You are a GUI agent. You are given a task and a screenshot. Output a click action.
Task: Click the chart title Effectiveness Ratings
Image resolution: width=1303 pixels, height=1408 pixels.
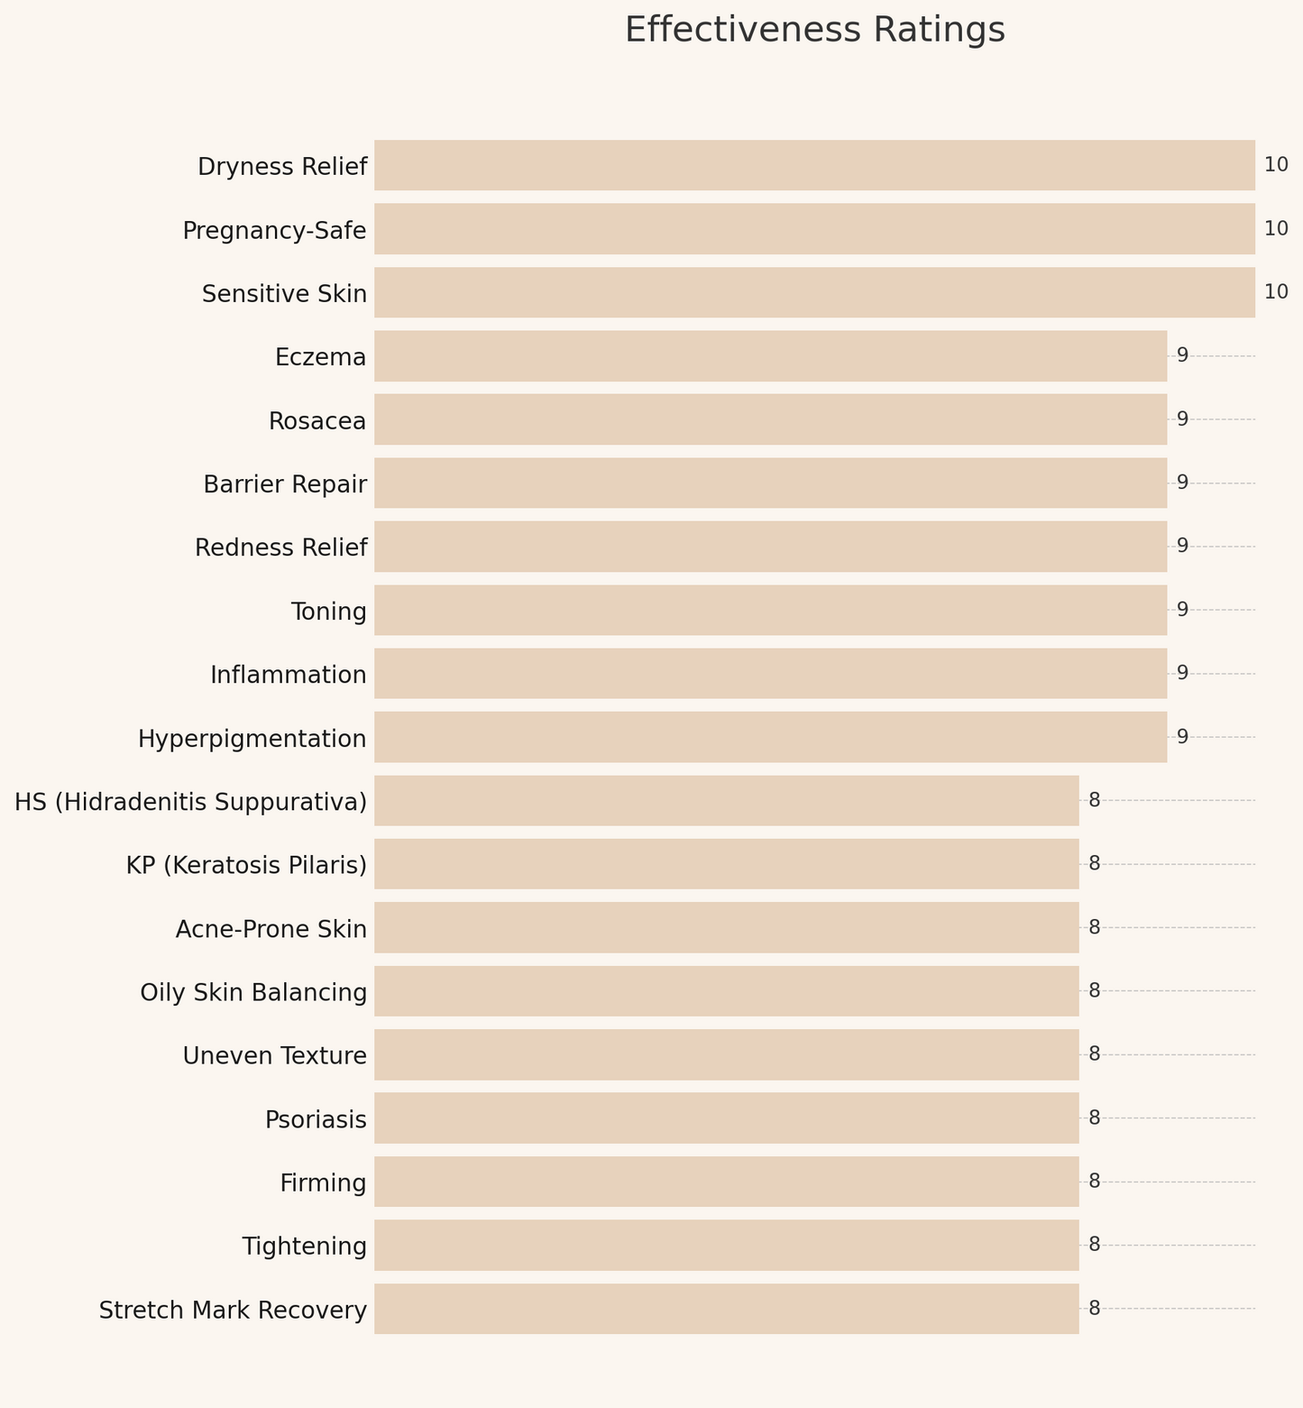pos(814,31)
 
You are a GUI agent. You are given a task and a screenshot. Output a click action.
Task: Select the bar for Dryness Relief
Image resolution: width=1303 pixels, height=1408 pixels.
pos(814,165)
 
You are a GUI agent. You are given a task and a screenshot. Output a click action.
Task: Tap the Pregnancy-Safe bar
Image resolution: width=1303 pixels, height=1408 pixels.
pos(814,229)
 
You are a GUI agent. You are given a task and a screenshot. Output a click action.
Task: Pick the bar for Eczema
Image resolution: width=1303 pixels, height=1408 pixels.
pos(770,356)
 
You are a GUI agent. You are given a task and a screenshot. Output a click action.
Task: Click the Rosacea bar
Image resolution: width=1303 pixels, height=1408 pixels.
pos(770,419)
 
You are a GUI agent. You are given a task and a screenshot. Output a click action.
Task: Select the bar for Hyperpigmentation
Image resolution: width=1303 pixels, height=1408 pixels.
pos(770,737)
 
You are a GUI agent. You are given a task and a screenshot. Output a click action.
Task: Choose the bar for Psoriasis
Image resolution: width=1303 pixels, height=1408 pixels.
pos(726,1118)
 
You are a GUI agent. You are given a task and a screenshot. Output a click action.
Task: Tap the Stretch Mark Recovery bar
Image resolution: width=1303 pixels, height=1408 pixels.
pos(726,1309)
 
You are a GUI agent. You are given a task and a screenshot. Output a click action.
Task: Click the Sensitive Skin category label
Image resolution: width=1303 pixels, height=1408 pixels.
pos(284,294)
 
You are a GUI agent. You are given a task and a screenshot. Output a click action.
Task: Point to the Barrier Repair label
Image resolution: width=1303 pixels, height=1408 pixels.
pos(285,484)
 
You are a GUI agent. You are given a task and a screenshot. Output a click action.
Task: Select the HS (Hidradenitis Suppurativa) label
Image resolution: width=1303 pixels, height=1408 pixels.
pos(191,802)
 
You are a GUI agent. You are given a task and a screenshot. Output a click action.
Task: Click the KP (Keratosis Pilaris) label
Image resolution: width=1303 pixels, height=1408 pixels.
pos(246,865)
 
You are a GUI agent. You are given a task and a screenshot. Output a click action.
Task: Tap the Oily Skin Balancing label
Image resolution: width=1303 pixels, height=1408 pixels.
pos(253,992)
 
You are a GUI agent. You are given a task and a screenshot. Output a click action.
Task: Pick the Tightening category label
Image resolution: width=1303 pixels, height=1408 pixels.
pos(305,1247)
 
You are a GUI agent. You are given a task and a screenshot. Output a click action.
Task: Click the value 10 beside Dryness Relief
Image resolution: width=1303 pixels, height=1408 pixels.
pos(1276,165)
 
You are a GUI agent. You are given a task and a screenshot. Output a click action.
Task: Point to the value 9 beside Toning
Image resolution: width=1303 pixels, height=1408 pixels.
pos(1182,610)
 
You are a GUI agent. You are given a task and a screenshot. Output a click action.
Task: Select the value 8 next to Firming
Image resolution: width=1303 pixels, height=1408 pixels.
pos(1095,1182)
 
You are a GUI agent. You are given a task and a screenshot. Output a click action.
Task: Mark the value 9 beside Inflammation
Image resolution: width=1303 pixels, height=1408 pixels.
pos(1182,673)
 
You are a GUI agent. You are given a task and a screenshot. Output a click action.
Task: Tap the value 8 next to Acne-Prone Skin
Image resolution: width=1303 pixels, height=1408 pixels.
pos(1095,927)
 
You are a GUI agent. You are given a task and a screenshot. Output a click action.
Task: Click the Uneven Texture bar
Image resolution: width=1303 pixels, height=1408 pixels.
pos(726,1054)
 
